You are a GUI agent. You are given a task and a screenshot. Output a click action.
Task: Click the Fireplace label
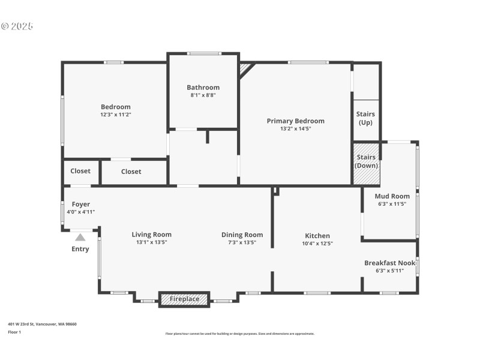[x=184, y=299]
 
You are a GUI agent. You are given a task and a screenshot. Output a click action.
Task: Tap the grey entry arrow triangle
[x=80, y=238]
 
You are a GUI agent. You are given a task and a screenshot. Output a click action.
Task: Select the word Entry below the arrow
[x=80, y=249]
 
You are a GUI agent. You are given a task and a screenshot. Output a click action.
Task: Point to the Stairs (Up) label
[x=366, y=118]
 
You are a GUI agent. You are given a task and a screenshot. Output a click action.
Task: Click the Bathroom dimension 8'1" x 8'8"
[x=203, y=95]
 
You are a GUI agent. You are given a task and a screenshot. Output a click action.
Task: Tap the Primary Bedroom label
[x=295, y=121]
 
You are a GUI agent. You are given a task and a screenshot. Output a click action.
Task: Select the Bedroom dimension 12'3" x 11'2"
[x=115, y=114]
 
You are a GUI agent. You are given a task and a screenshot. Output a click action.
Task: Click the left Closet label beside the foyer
[x=80, y=171]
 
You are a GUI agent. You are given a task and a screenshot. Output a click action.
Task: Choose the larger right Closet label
[x=131, y=172]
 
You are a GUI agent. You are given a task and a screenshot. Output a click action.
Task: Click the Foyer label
[x=80, y=204]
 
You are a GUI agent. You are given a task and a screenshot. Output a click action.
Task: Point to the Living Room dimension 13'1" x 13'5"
[x=151, y=242]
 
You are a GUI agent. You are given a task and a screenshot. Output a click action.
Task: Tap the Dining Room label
[x=242, y=235]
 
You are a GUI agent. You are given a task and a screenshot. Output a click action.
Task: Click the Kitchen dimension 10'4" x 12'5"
[x=317, y=244]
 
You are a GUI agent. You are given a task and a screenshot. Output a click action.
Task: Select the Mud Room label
[x=392, y=196]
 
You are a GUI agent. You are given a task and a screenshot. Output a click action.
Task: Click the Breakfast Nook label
[x=390, y=263]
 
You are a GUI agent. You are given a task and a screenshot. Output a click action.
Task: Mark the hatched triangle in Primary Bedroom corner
[x=245, y=70]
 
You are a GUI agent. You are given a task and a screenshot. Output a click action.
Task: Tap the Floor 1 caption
[x=14, y=332]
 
